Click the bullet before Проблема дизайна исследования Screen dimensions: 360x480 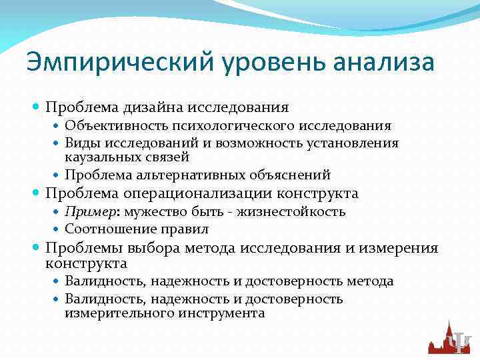37,107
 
